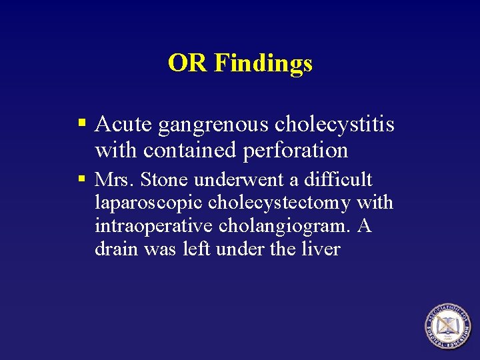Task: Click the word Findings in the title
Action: click(x=263, y=64)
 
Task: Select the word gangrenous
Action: click(x=209, y=125)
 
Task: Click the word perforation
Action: click(x=296, y=151)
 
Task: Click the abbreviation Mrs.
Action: click(x=114, y=179)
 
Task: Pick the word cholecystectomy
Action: click(x=279, y=203)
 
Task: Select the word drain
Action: click(x=113, y=249)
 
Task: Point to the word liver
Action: click(x=323, y=249)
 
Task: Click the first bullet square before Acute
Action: click(x=82, y=123)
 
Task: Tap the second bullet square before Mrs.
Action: click(x=82, y=179)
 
